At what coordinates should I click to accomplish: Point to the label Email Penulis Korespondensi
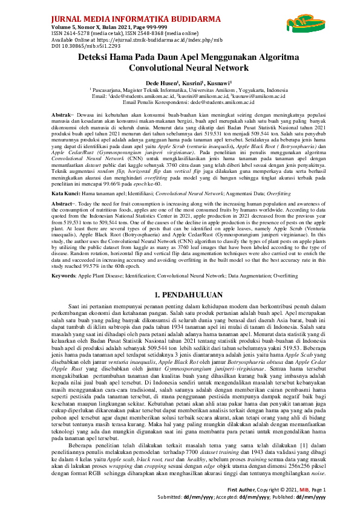click(160, 102)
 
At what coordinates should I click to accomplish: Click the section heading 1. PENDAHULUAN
click(180, 296)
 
